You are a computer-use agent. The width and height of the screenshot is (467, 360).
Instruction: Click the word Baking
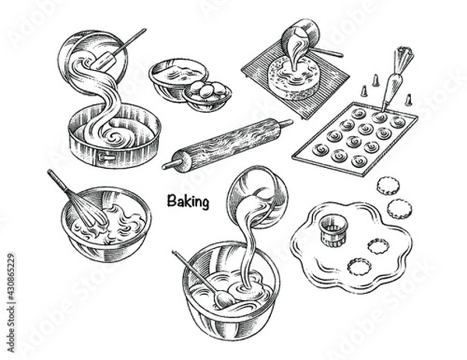coord(188,202)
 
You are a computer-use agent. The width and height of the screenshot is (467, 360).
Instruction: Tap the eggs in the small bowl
coord(209,91)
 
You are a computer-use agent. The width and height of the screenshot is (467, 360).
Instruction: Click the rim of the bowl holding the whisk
coord(105,190)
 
